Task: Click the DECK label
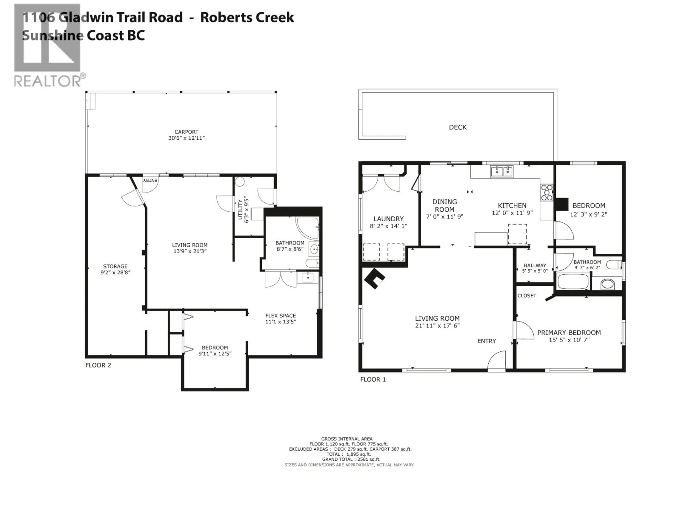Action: (458, 127)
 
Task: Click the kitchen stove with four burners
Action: (547, 193)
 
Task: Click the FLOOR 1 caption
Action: (373, 380)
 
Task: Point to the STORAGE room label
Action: (115, 267)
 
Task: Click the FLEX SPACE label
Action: (280, 316)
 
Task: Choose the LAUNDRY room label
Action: (388, 219)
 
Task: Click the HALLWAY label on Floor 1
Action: (535, 265)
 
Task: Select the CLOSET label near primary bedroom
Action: (527, 296)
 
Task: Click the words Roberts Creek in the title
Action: (247, 17)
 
